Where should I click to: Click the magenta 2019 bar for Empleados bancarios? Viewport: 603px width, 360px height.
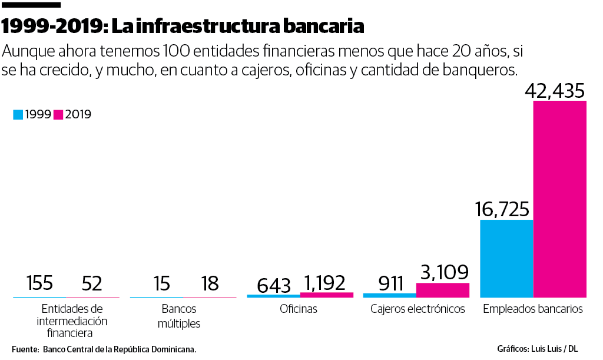[x=560, y=199]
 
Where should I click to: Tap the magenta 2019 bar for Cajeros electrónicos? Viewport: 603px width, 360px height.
[x=443, y=290]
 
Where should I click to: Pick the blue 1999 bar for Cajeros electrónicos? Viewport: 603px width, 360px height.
[x=390, y=295]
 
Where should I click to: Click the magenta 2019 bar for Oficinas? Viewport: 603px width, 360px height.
[x=327, y=295]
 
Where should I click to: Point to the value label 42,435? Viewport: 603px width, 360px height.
[x=555, y=91]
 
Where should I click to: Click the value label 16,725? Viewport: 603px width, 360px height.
[x=502, y=209]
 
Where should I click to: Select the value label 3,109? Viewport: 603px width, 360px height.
[x=444, y=272]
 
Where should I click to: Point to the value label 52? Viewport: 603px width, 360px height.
[x=92, y=284]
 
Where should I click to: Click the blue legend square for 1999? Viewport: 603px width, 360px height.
[x=18, y=115]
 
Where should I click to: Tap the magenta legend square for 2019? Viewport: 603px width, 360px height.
[x=58, y=115]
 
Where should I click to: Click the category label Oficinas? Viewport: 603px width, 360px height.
[x=299, y=309]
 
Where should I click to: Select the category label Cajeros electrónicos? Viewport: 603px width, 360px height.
[x=418, y=309]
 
